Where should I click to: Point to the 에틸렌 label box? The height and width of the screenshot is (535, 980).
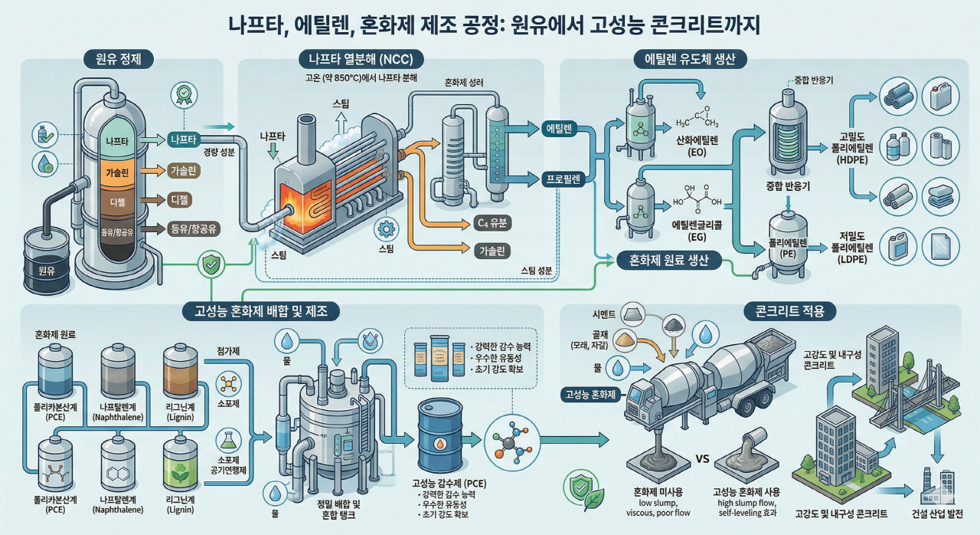[x=563, y=129]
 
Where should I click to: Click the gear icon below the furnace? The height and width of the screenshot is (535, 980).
[x=385, y=230]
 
